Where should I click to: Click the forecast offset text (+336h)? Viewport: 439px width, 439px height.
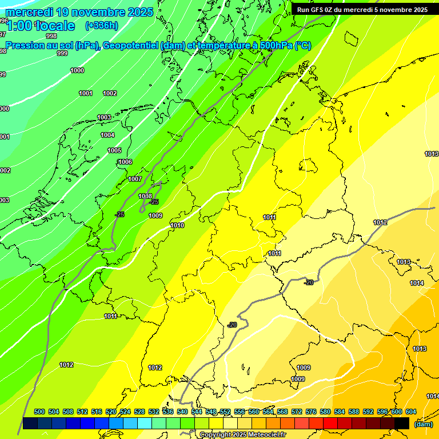click(101, 25)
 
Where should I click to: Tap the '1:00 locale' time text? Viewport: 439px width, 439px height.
click(41, 26)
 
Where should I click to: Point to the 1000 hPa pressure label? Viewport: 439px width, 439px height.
click(77, 71)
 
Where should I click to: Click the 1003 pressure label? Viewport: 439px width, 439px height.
click(104, 118)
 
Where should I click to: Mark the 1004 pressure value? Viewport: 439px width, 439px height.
click(107, 135)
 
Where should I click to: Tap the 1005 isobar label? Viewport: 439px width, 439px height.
click(114, 151)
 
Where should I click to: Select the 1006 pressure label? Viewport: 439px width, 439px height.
click(125, 162)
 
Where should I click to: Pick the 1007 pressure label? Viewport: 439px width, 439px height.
click(135, 179)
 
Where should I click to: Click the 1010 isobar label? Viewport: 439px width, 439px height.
click(177, 226)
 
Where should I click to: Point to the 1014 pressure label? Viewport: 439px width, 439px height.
click(417, 284)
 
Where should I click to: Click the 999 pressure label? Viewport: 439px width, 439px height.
click(62, 54)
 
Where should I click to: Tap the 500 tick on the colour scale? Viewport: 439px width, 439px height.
click(39, 412)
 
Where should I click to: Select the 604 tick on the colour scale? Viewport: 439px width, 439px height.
click(411, 412)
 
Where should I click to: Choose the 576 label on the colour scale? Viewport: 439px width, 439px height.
click(311, 412)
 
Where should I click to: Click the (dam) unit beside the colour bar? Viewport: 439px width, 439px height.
click(423, 424)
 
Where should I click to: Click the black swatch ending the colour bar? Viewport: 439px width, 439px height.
click(402, 423)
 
